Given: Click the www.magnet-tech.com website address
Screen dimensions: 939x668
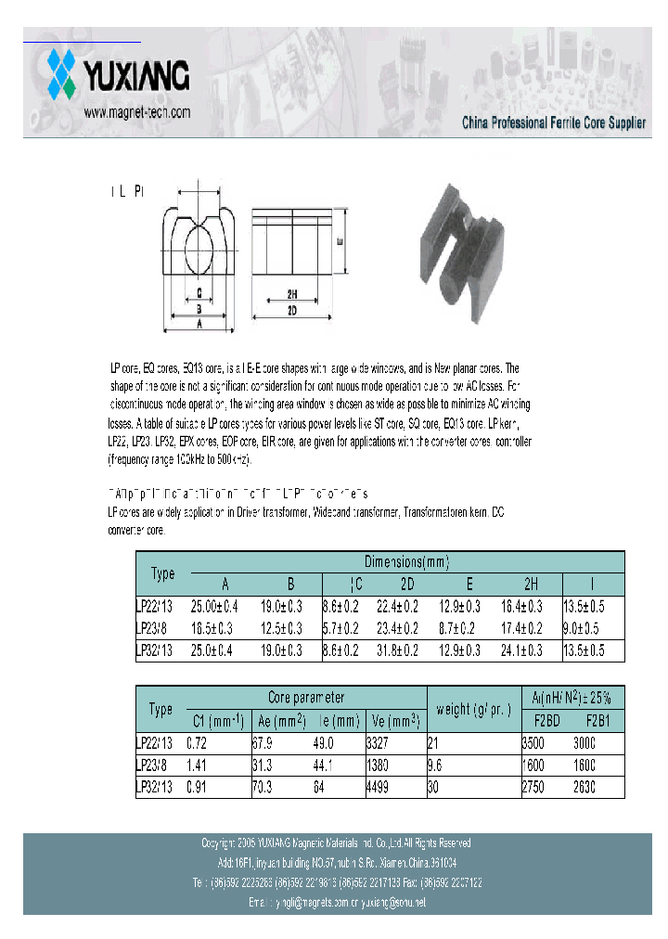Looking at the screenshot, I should (136, 111).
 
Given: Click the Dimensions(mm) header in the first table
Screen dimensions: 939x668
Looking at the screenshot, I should (406, 562).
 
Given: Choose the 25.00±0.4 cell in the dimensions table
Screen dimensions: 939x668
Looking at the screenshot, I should (214, 606).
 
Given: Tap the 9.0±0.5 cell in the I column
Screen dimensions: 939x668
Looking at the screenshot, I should (584, 628).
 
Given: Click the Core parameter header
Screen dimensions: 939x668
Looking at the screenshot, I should (306, 697).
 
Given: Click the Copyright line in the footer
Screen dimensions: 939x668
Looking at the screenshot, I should (336, 843).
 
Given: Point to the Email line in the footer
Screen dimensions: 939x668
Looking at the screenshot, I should (336, 902).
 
